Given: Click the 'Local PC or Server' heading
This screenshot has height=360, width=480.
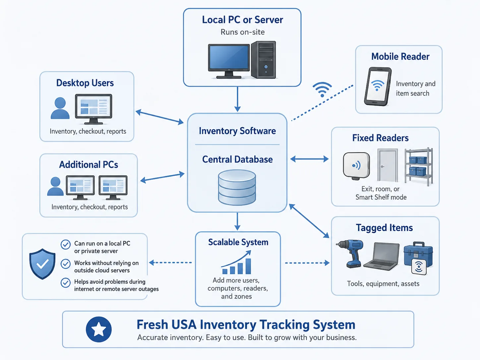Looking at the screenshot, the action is coord(242,20).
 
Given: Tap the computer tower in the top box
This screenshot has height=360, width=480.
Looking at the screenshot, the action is coord(263,60).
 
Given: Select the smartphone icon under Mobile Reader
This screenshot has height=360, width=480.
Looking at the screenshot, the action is coord(378,86).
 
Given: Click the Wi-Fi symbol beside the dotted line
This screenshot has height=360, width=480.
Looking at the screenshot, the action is coord(322,90).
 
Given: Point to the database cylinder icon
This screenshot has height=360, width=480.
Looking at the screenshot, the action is coord(237,188).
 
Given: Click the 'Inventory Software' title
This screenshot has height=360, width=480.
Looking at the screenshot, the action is coord(237,131).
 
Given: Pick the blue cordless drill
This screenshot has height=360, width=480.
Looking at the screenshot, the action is coord(349,254).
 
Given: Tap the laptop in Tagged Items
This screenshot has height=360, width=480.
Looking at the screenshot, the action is coord(382,256).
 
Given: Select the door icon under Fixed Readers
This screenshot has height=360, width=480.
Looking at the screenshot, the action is coord(388,165).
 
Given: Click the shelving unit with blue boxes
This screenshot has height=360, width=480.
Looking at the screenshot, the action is coord(419,166).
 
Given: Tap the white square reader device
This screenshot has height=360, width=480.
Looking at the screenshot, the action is coord(356,166).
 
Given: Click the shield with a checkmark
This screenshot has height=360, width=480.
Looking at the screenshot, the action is coord(42,264).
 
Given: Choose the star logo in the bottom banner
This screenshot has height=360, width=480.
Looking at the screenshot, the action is coord(99,329).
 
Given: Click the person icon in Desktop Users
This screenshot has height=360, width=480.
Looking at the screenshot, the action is coord(60,108).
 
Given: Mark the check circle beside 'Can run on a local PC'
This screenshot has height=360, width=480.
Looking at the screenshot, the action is coord(65,245).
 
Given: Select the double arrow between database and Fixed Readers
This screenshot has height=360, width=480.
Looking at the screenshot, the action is coord(309,159).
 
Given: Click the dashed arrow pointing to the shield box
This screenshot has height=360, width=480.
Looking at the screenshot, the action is coord(170,262).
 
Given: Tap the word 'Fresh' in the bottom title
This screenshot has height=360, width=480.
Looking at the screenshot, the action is coord(152,325).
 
